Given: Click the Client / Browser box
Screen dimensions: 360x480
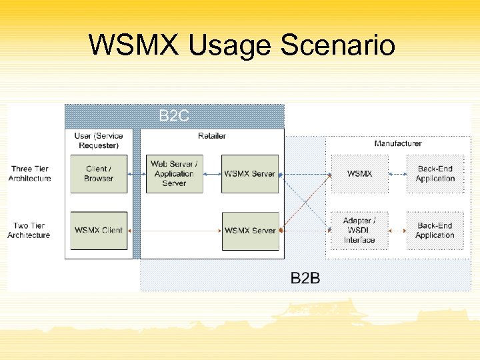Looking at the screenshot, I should coord(98,174).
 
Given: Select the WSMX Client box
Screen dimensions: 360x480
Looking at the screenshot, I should coord(98,231).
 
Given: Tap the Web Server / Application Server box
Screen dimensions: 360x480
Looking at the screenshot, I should coord(174,174).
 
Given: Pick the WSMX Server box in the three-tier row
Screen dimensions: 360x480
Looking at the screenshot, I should coord(249,174).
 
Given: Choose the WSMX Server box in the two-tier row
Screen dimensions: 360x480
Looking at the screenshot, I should coord(249,231).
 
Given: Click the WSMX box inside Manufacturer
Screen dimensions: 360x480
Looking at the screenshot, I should coord(359,174).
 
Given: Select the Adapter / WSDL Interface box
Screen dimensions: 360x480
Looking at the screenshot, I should coord(359,231).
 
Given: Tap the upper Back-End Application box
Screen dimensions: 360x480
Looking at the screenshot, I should coord(435,174).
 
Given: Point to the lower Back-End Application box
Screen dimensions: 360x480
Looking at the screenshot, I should coord(435,231).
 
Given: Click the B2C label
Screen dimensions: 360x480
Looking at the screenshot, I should coord(174,116).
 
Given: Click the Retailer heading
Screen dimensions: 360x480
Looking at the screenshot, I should coord(212,136).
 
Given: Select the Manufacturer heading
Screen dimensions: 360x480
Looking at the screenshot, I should coord(398,143).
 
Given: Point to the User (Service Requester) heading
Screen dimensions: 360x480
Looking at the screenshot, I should coord(99,140).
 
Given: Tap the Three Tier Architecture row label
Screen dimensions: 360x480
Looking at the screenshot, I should coord(29,174).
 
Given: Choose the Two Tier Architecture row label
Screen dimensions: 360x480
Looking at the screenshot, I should coord(29,231).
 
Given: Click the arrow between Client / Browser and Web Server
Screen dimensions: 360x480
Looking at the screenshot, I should coord(136,174).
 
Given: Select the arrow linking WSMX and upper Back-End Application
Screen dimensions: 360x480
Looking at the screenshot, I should coord(397,174).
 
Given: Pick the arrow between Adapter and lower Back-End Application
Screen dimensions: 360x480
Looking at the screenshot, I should coord(397,231).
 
